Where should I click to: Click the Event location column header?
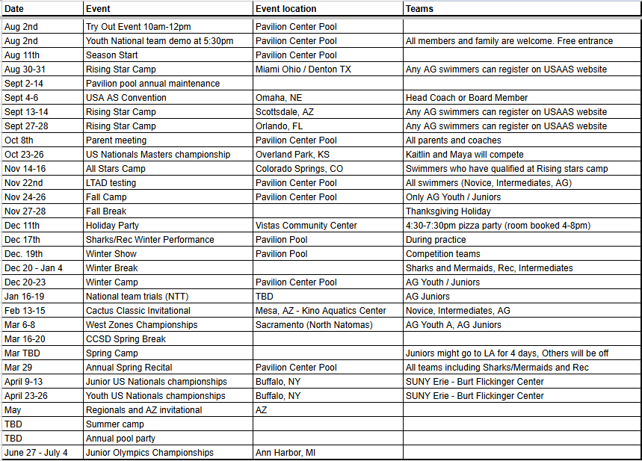[285, 9]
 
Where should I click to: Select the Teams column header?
[419, 9]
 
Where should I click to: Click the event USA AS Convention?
[126, 98]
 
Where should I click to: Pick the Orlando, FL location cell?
[280, 126]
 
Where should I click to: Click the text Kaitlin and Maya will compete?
[465, 155]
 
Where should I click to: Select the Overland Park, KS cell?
[292, 155]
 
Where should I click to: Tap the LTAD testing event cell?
[111, 183]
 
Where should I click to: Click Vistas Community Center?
[306, 226]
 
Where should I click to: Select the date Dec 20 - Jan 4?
[34, 268]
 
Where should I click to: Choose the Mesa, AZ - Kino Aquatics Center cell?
[321, 311]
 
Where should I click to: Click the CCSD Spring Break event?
[126, 339]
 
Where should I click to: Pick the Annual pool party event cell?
[120, 439]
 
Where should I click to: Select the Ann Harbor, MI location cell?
[285, 453]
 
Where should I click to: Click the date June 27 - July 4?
[36, 453]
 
